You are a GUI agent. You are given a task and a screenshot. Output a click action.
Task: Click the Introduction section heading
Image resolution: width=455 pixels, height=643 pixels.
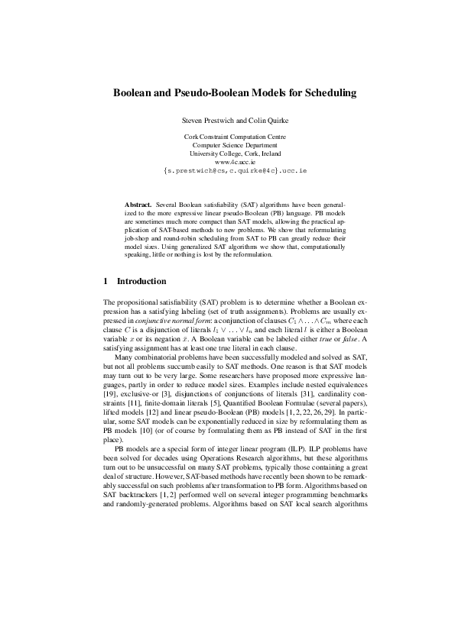point(141,282)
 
